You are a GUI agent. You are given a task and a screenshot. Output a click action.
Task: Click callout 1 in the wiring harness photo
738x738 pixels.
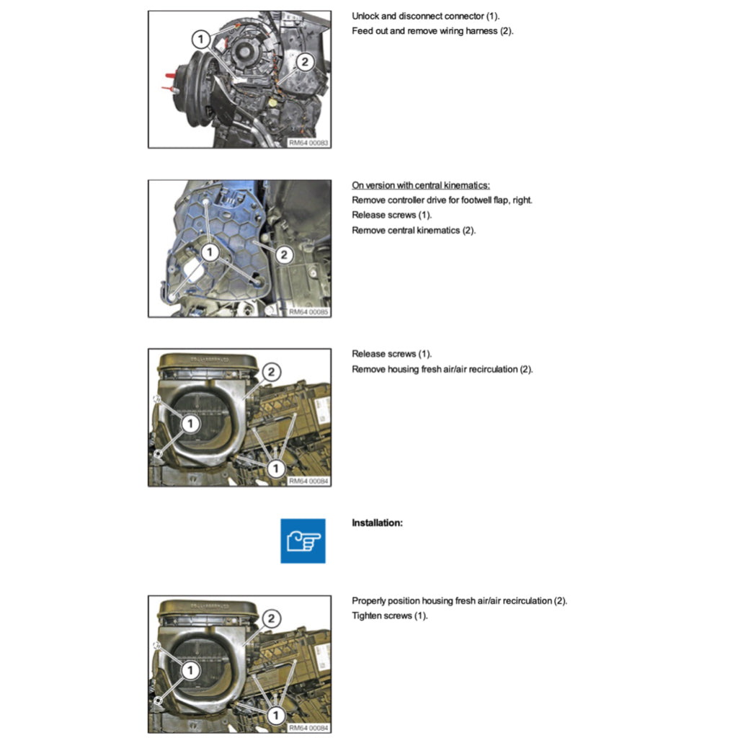click(x=201, y=37)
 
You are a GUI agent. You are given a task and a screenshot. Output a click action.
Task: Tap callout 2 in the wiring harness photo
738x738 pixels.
click(x=304, y=62)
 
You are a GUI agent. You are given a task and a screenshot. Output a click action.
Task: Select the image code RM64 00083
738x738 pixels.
click(x=308, y=143)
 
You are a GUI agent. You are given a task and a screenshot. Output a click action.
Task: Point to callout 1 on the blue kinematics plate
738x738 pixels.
click(x=209, y=252)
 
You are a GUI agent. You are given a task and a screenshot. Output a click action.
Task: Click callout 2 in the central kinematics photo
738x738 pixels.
click(x=283, y=254)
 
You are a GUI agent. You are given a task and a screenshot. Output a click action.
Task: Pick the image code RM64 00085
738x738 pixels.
click(x=308, y=312)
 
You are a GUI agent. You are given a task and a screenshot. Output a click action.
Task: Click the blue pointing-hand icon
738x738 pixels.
click(x=303, y=541)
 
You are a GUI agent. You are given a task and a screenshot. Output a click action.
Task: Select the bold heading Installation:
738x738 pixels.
click(x=377, y=523)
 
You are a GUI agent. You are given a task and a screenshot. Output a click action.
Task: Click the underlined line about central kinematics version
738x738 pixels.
click(x=421, y=185)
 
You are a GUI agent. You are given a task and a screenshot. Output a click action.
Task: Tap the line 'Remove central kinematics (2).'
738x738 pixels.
click(x=414, y=231)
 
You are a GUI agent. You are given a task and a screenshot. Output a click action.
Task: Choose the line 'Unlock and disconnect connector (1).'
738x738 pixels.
click(x=425, y=16)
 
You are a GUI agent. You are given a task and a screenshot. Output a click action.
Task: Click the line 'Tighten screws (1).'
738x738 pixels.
click(x=389, y=615)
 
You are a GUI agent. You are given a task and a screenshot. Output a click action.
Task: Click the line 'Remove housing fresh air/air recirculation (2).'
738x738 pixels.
click(x=442, y=369)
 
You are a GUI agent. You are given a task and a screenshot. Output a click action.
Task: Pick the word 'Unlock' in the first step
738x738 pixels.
click(x=365, y=16)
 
